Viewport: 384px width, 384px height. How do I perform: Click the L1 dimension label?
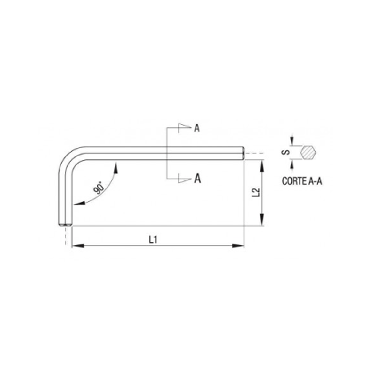[x=153, y=240]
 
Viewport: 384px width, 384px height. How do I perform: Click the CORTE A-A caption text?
[x=302, y=181]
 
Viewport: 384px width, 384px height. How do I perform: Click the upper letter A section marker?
[x=197, y=128]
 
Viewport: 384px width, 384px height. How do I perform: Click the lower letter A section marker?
[x=197, y=178]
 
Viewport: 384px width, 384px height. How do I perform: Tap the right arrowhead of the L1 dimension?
[x=238, y=246]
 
